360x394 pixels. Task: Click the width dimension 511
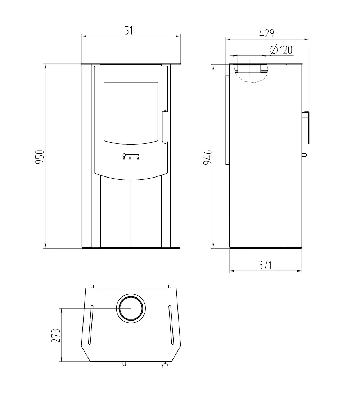pyautogui.click(x=130, y=31)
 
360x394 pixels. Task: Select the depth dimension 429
pyautogui.click(x=267, y=33)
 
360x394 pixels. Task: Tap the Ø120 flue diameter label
pyautogui.click(x=281, y=50)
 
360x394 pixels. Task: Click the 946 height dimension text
pyautogui.click(x=207, y=157)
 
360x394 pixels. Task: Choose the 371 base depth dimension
pyautogui.click(x=265, y=265)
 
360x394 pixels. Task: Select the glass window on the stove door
pyautogui.click(x=131, y=112)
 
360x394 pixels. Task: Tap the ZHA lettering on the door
pyautogui.click(x=131, y=158)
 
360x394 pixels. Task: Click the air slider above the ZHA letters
pyautogui.click(x=131, y=155)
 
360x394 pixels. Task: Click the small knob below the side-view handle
pyautogui.click(x=304, y=155)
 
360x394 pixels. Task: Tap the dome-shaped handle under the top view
pyautogui.click(x=166, y=366)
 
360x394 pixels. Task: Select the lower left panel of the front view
pyautogui.click(x=115, y=212)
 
